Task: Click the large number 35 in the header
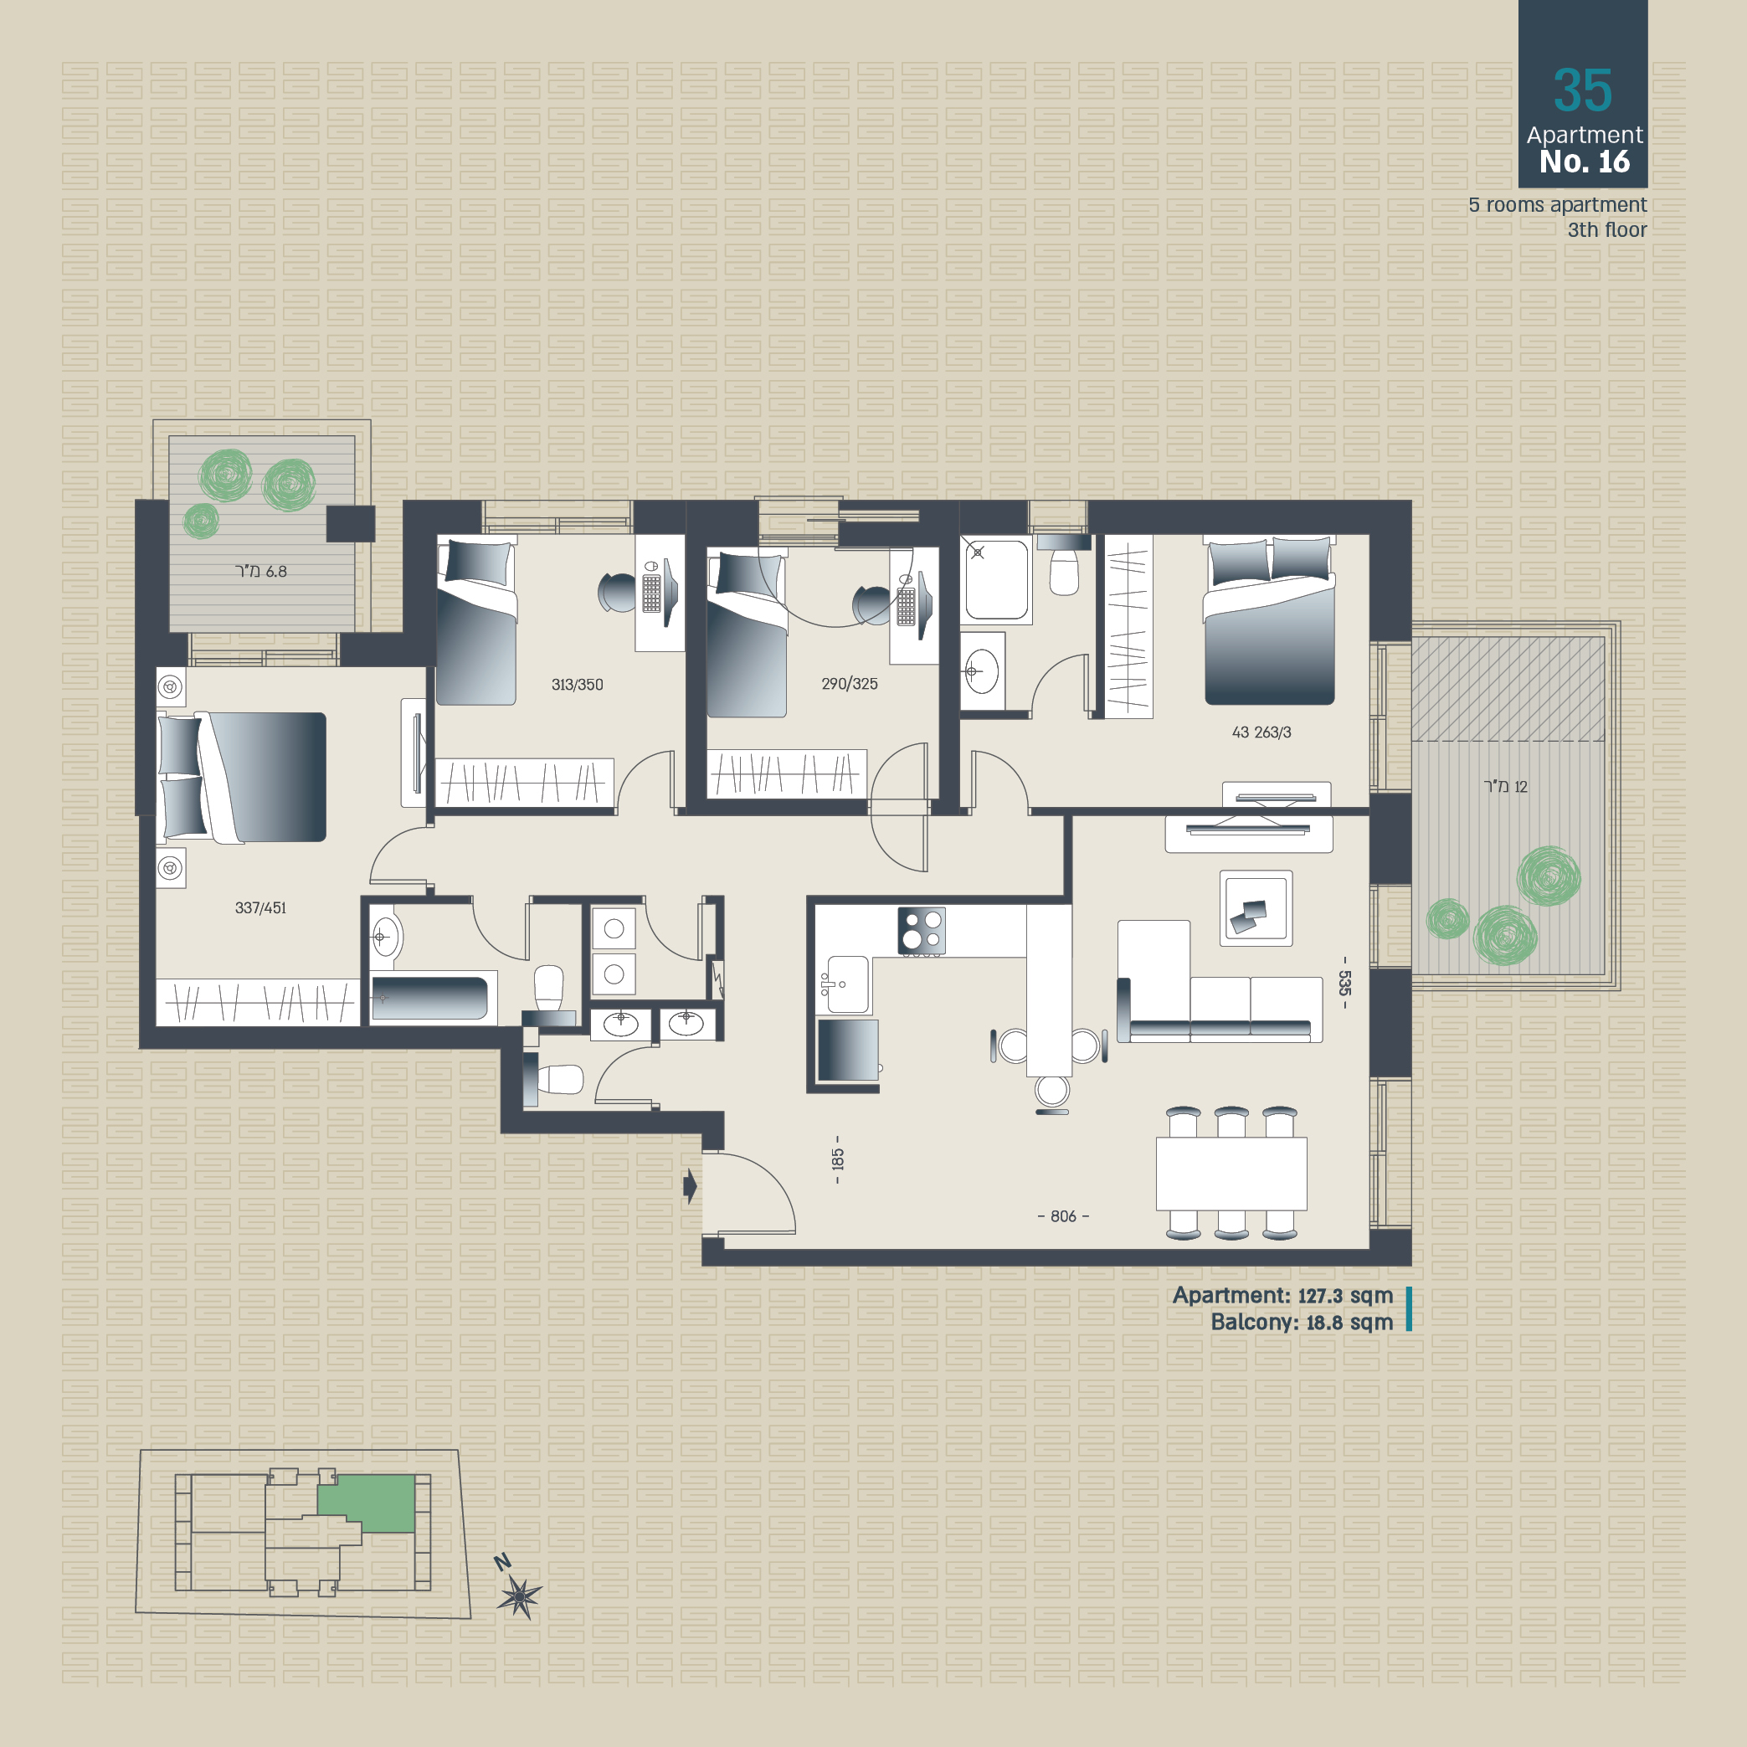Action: [1582, 90]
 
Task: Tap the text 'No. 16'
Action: [1585, 162]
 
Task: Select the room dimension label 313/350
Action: [577, 685]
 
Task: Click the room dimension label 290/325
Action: [849, 684]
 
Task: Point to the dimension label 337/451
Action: [260, 908]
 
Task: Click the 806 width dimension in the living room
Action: [1063, 1216]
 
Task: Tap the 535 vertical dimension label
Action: [1344, 983]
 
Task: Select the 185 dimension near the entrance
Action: [837, 1159]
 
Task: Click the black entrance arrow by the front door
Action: [690, 1185]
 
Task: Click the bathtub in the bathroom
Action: [429, 997]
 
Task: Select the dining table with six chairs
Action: [1231, 1173]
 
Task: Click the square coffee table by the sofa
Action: [1256, 909]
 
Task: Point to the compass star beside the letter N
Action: [519, 1596]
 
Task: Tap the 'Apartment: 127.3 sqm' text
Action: [1282, 1296]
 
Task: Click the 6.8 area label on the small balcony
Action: [260, 572]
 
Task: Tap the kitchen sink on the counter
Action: [848, 984]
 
